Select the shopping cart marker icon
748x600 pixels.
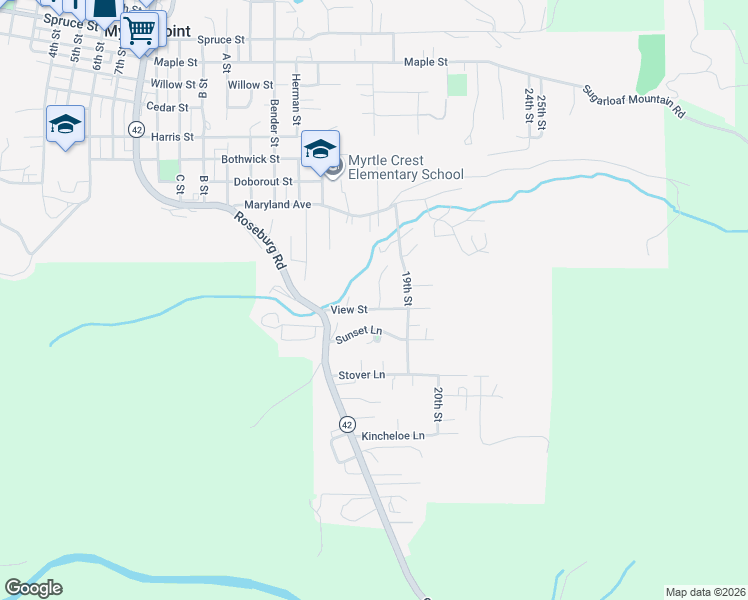coord(141,31)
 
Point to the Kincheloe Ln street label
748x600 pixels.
coord(393,436)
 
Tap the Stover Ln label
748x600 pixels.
coord(362,375)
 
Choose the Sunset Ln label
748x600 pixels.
coord(360,331)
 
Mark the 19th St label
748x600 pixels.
coord(407,286)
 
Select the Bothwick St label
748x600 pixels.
coord(250,159)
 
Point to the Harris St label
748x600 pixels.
coord(171,136)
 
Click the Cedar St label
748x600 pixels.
coord(167,107)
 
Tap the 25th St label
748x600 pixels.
coord(541,111)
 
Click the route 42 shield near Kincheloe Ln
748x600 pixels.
coord(346,424)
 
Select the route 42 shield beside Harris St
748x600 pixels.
coord(136,128)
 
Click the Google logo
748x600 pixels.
coord(33,588)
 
